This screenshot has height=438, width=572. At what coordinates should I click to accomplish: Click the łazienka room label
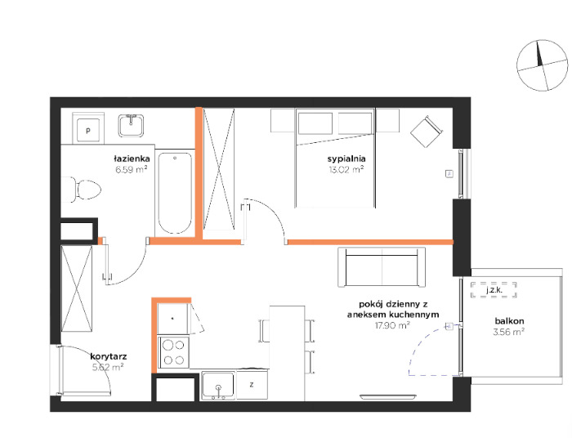point(132,159)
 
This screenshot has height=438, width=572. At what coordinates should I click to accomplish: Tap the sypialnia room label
point(346,159)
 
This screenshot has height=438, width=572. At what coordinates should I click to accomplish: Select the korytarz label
point(109,356)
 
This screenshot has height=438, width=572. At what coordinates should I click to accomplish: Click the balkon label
point(509,321)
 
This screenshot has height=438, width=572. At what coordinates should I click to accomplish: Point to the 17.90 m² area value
point(392,325)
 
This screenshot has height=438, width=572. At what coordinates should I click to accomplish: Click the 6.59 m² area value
point(132,169)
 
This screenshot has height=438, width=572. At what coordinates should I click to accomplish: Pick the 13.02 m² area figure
point(346,169)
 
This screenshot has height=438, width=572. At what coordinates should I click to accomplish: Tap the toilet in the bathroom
point(81,190)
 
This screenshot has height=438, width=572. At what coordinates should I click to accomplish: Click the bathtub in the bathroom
point(175,193)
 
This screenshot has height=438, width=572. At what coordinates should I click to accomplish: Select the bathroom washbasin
point(131,126)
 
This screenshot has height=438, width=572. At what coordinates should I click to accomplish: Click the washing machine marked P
point(88,130)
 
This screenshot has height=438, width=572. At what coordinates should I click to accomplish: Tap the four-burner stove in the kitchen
point(173,352)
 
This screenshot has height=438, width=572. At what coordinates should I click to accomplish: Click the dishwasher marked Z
point(252,385)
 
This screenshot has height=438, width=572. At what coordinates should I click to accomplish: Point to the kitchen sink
point(218,385)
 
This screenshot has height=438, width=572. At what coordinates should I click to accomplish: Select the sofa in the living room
point(382,267)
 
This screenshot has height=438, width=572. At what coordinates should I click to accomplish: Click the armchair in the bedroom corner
point(426,132)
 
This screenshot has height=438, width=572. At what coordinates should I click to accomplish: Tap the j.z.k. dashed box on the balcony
point(494,290)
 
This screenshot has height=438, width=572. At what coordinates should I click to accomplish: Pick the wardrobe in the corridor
point(77,288)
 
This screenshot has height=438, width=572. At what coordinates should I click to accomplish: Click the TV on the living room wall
point(388,397)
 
